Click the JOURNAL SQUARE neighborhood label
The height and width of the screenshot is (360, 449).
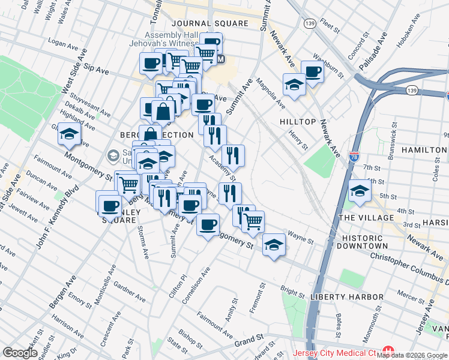(209, 23)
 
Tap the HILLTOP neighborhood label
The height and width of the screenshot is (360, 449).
(298, 122)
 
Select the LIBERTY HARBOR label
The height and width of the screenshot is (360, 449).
(347, 297)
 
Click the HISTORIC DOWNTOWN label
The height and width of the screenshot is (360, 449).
(365, 242)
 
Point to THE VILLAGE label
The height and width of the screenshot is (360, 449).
(367, 218)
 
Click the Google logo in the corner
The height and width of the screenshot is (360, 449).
(20, 352)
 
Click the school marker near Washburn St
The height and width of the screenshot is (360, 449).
(294, 84)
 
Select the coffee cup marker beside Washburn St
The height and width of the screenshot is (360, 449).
(312, 71)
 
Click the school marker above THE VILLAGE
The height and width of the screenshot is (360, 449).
(360, 190)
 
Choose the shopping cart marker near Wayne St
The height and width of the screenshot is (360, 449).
(253, 221)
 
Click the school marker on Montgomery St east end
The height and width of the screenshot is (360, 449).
(274, 244)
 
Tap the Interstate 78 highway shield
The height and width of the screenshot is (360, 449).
(354, 157)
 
